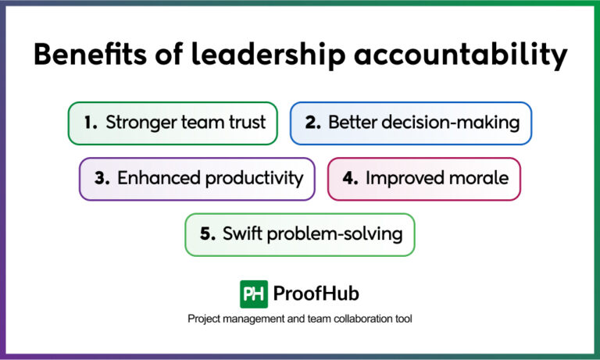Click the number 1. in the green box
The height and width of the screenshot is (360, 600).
coord(91,123)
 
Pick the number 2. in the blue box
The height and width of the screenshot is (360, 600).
coord(312,123)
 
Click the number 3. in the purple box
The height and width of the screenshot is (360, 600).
coord(102,178)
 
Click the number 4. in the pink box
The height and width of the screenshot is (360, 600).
coord(350,178)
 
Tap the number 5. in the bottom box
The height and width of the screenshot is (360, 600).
coord(207,234)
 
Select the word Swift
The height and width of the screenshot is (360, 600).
coord(242,234)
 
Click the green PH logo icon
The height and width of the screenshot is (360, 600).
coord(253,294)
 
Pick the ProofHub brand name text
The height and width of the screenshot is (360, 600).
coord(316,294)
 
